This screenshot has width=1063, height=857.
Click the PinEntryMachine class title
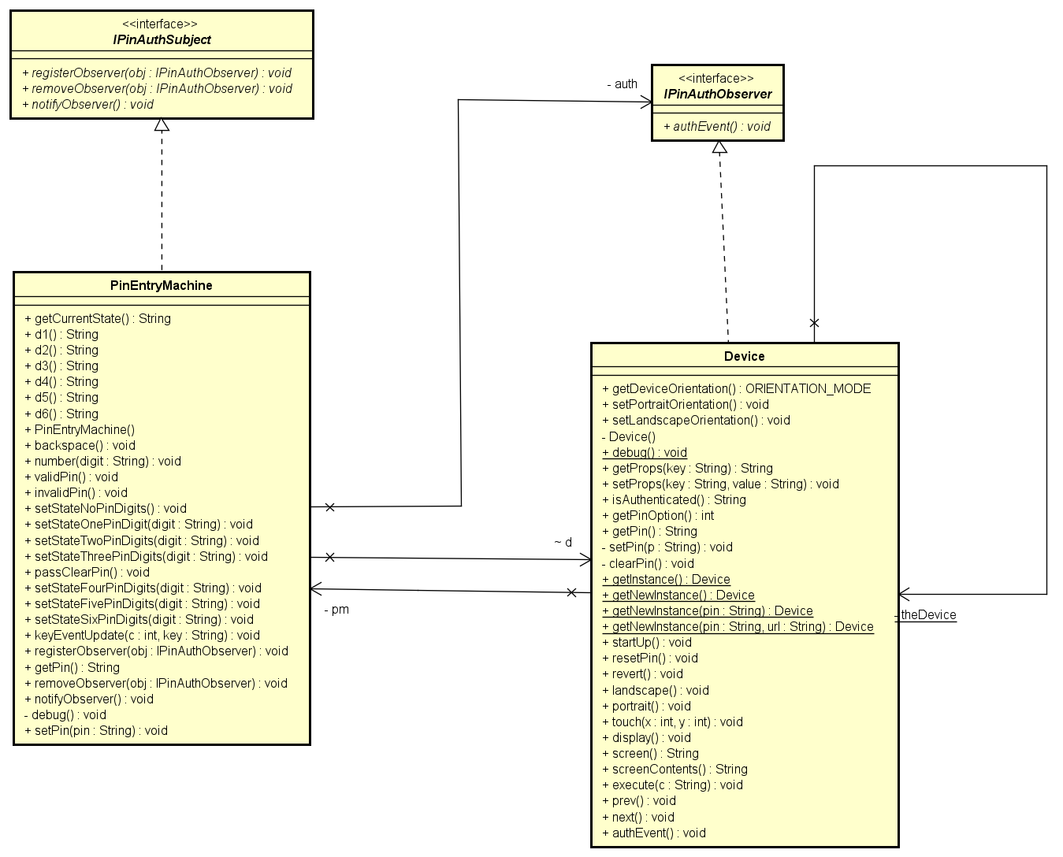pyautogui.click(x=161, y=285)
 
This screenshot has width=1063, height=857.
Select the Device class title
pyautogui.click(x=744, y=356)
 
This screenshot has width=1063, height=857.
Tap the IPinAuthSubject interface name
pyautogui.click(x=162, y=39)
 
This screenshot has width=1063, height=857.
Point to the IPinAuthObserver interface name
pyautogui.click(x=717, y=94)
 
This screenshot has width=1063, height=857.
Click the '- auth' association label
pyautogui.click(x=622, y=83)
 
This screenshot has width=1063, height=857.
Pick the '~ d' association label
pyautogui.click(x=563, y=542)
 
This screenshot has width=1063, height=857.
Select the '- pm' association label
pyautogui.click(x=336, y=609)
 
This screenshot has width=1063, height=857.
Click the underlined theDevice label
pyautogui.click(x=926, y=615)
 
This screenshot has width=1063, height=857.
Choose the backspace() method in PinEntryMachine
pyautogui.click(x=80, y=445)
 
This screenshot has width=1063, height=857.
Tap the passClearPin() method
pyautogui.click(x=87, y=572)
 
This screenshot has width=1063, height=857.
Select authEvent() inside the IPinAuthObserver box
pyautogui.click(x=717, y=126)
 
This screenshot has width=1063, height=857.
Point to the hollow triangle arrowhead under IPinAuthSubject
pyautogui.click(x=162, y=125)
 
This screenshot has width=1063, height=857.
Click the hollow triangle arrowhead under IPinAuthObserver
pyautogui.click(x=719, y=147)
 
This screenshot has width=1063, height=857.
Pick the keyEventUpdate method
pyautogui.click(x=142, y=635)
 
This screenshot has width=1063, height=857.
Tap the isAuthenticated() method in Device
pyautogui.click(x=674, y=499)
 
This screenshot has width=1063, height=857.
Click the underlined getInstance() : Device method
pyautogui.click(x=666, y=579)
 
